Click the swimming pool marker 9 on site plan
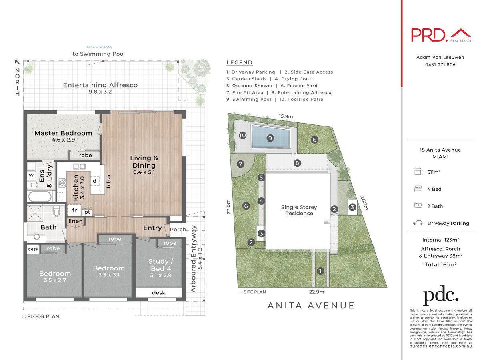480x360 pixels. pyautogui.click(x=270, y=138)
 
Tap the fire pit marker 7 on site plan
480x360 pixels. pyautogui.click(x=241, y=164)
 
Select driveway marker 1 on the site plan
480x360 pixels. pyautogui.click(x=320, y=271)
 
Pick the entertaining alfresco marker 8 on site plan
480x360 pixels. pyautogui.click(x=297, y=163)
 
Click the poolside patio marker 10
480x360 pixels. pyautogui.click(x=242, y=136)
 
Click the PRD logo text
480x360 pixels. pyautogui.click(x=429, y=35)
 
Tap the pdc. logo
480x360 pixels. pyautogui.click(x=441, y=296)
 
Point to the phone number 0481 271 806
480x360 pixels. pyautogui.click(x=441, y=65)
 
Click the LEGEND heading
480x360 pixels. pyautogui.click(x=240, y=62)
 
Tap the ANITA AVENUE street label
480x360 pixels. pyautogui.click(x=311, y=306)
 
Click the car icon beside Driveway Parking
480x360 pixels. pyautogui.click(x=418, y=223)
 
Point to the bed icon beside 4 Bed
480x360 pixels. pyautogui.click(x=418, y=189)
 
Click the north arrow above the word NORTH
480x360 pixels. pyautogui.click(x=17, y=62)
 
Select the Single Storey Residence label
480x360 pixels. pyautogui.click(x=299, y=210)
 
